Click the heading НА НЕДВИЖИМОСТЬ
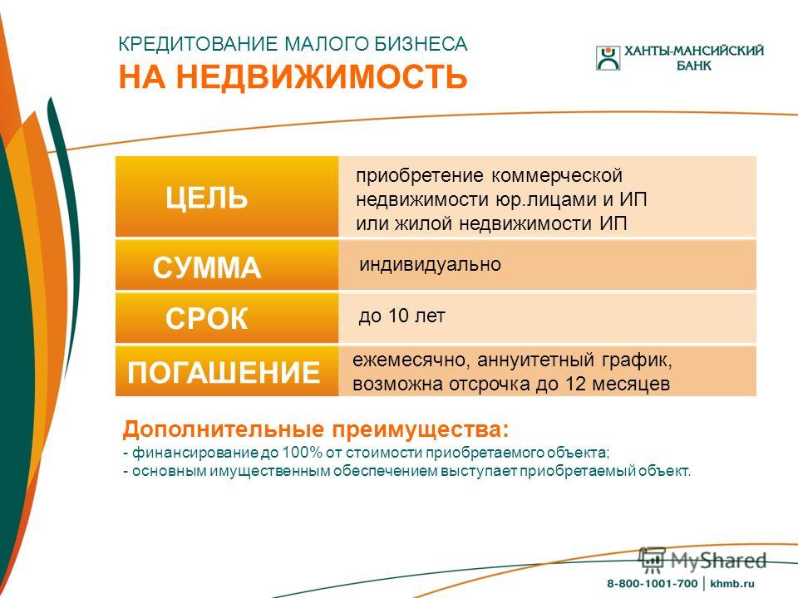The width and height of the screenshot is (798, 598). click(x=293, y=76)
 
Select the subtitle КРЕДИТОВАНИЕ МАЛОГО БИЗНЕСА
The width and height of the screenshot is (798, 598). click(x=293, y=44)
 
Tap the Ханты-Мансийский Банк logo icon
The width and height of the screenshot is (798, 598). click(x=608, y=57)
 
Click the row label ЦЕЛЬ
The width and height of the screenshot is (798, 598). click(x=207, y=198)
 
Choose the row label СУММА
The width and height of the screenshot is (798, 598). click(x=207, y=267)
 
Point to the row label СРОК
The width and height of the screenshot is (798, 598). click(x=207, y=319)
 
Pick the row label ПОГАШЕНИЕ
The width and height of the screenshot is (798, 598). click(x=224, y=372)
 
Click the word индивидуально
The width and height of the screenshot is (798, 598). click(x=430, y=264)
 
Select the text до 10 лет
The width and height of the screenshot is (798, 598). click(x=401, y=316)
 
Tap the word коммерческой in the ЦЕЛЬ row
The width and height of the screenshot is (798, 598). click(x=557, y=176)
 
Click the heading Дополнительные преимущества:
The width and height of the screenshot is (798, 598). click(x=316, y=429)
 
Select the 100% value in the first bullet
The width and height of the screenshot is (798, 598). click(x=303, y=452)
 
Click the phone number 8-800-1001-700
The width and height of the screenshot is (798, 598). click(x=652, y=584)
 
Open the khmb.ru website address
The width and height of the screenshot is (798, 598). click(x=731, y=584)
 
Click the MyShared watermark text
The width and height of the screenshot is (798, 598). click(x=718, y=561)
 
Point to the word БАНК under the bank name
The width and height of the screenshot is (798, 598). click(x=693, y=66)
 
